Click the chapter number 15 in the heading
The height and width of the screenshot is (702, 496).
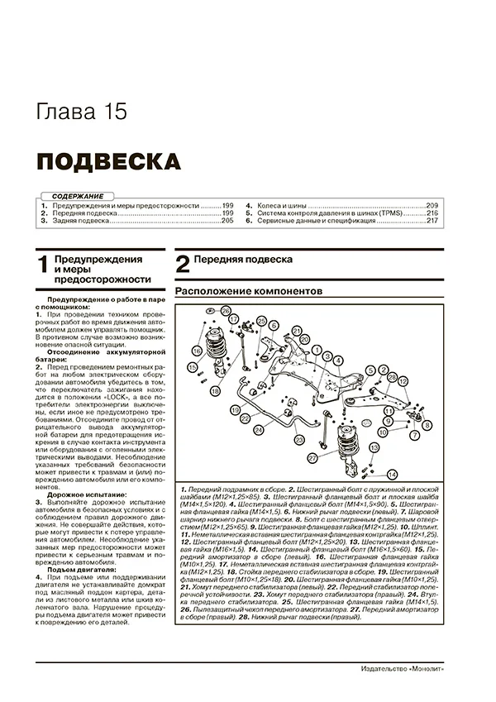click(x=115, y=112)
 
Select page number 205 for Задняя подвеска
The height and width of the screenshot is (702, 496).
click(x=227, y=222)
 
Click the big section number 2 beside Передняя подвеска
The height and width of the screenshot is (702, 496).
click(x=183, y=265)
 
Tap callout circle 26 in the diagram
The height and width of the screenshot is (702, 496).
click(x=225, y=310)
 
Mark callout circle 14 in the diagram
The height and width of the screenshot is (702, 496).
click(x=391, y=473)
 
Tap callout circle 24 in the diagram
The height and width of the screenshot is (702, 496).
click(x=259, y=431)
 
